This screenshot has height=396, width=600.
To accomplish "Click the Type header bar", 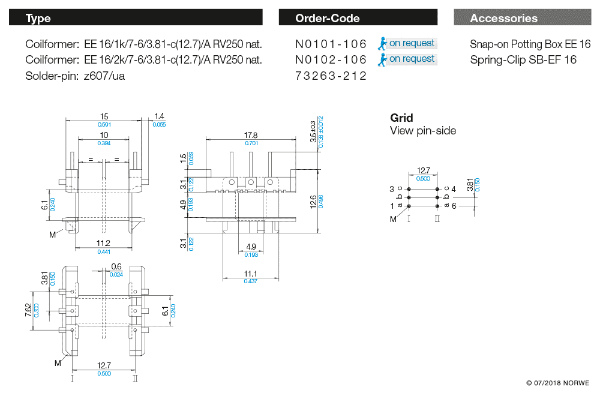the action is pyautogui.click(x=136, y=17).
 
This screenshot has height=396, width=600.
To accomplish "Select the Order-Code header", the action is pyautogui.click(x=358, y=17).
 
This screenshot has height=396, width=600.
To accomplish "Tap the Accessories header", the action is pyautogui.click(x=523, y=17).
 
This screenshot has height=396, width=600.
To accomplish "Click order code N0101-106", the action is pyautogui.click(x=331, y=44).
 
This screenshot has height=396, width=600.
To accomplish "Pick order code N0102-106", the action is pyautogui.click(x=331, y=59).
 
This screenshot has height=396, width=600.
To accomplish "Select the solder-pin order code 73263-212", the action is pyautogui.click(x=331, y=76).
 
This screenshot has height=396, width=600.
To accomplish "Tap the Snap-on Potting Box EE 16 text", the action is pyautogui.click(x=530, y=44).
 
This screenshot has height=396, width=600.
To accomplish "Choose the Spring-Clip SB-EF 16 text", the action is pyautogui.click(x=523, y=59).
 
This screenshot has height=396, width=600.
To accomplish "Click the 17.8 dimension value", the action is pyautogui.click(x=251, y=135).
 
